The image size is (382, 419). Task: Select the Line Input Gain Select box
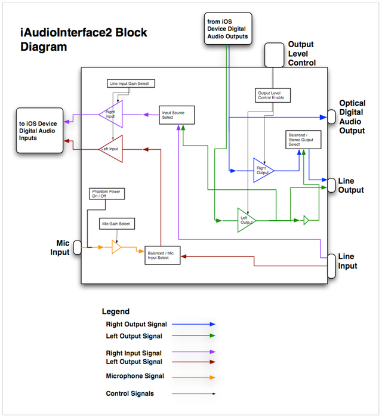click(129, 84)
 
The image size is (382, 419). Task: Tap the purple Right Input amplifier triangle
click(112, 114)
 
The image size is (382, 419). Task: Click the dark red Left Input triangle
click(112, 148)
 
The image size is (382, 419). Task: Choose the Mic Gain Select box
click(117, 224)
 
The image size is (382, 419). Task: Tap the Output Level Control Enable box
click(269, 95)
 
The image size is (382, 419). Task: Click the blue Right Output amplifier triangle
click(262, 170)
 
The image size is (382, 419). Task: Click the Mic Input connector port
click(77, 247)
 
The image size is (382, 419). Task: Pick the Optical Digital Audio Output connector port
click(331, 116)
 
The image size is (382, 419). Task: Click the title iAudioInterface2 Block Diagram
click(84, 40)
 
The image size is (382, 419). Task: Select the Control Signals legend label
click(130, 393)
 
